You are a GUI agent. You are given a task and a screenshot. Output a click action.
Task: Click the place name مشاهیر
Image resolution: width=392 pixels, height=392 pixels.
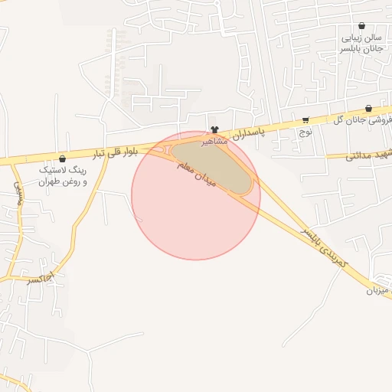point(214,142)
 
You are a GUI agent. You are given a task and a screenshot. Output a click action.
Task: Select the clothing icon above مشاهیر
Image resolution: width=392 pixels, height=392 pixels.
point(214,130)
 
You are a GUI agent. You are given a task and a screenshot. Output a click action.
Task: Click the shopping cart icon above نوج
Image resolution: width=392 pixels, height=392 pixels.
point(306,120)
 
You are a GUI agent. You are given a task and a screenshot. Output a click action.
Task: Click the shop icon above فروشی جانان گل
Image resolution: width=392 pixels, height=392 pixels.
point(369,109)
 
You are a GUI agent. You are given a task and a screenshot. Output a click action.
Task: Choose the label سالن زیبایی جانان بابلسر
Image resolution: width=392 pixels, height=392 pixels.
point(361,42)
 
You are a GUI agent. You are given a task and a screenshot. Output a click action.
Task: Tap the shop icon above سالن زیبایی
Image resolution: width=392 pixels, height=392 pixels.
point(361,25)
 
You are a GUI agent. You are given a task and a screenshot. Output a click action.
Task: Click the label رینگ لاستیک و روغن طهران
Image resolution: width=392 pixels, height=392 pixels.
point(63,175)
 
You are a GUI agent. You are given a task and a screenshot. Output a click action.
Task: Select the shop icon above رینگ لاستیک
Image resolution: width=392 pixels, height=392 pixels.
point(62,158)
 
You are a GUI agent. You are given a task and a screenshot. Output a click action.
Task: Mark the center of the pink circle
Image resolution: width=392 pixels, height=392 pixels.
point(196,195)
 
